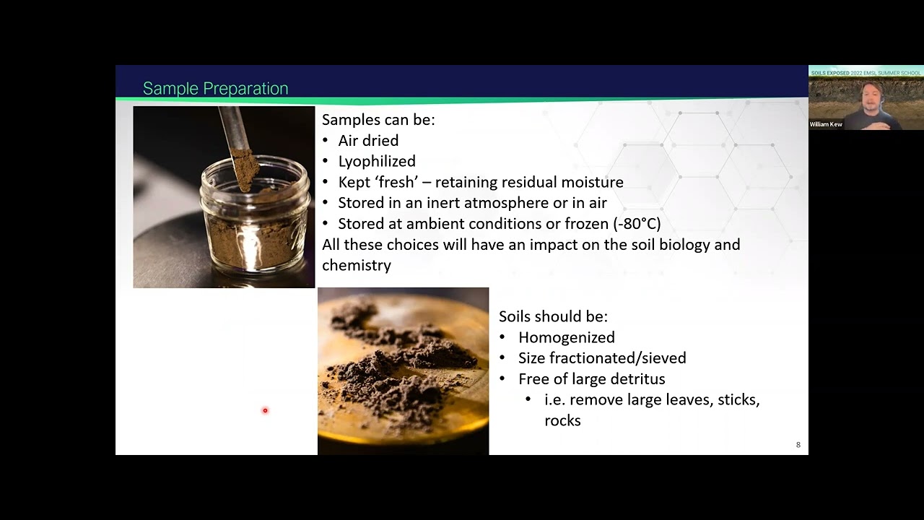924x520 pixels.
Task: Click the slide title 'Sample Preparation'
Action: [x=215, y=89]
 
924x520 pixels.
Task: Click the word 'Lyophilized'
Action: [x=377, y=161]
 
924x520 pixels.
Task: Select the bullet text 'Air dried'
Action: [x=368, y=140]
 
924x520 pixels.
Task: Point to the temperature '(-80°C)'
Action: [x=637, y=223]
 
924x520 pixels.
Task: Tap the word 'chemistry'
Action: [x=357, y=265]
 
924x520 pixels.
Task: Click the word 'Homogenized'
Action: [x=567, y=337]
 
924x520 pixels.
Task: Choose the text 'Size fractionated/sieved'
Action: [x=602, y=358]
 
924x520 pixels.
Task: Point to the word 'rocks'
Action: [x=562, y=420]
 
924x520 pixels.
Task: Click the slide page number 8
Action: [x=798, y=445]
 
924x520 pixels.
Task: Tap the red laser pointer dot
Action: [x=265, y=411]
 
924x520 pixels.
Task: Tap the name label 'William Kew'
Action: [x=826, y=124]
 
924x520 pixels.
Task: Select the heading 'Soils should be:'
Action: [x=553, y=316]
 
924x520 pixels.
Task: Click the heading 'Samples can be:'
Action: [x=378, y=120]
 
